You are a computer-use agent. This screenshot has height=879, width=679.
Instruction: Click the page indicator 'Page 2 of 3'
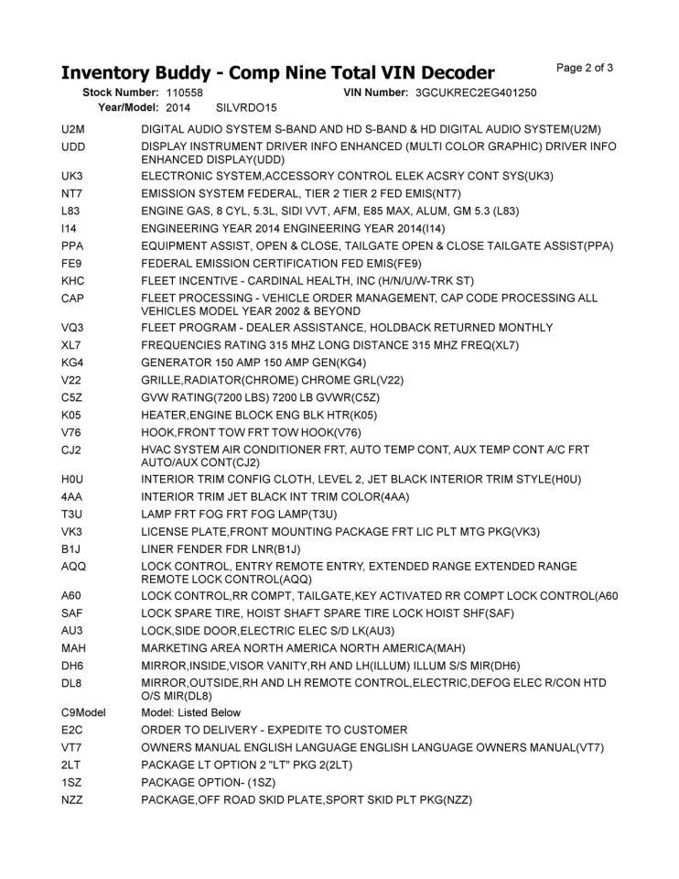[x=585, y=67]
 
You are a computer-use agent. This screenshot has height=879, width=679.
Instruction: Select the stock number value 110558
[x=185, y=92]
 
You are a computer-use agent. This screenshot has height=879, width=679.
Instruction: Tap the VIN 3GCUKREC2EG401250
[x=475, y=92]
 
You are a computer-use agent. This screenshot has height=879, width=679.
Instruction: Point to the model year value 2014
[x=178, y=107]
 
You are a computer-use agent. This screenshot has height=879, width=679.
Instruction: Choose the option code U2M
[x=73, y=130]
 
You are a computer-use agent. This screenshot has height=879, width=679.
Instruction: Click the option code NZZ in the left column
[x=72, y=799]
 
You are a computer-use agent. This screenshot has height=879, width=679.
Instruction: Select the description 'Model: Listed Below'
[x=191, y=712]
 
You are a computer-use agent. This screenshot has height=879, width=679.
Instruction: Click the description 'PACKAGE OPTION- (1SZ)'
[x=209, y=782]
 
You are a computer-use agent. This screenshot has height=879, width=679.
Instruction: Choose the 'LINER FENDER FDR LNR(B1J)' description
[x=221, y=548]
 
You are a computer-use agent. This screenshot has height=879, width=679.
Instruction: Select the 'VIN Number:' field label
[x=375, y=92]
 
